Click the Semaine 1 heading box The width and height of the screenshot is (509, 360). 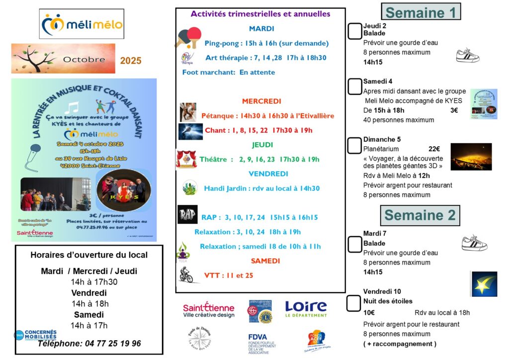click(x=421, y=11)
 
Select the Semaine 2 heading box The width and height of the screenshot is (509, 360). click(x=420, y=215)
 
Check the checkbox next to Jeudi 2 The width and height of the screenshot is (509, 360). click(x=354, y=31)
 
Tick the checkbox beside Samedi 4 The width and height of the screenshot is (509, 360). click(x=354, y=87)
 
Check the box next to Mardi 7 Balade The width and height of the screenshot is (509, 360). click(x=354, y=244)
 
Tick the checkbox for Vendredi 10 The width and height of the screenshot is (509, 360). click(x=353, y=303)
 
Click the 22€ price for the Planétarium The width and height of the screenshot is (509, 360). click(x=434, y=149)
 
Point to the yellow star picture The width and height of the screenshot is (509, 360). click(x=484, y=284)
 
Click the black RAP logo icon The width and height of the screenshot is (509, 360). click(x=187, y=214)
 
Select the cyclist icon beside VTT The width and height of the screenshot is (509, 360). click(x=187, y=274)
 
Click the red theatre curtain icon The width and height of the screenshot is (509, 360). click(x=186, y=160)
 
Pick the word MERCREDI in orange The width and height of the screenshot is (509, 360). click(x=261, y=101)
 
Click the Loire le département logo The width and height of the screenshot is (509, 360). click(x=306, y=308)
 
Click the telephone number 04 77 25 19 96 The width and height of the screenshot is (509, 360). click(x=89, y=344)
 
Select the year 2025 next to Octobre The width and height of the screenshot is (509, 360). click(x=131, y=61)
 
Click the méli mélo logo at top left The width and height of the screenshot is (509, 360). click(x=82, y=24)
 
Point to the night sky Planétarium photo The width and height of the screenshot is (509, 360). click(x=471, y=157)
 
